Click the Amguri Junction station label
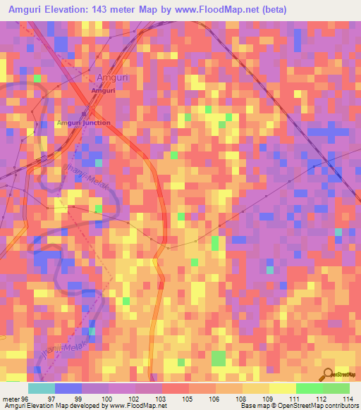83,123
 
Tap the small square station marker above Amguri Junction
83,113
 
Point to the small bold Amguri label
104,90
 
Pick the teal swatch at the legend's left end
42,388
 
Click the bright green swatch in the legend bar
309,388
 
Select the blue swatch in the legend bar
68,388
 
